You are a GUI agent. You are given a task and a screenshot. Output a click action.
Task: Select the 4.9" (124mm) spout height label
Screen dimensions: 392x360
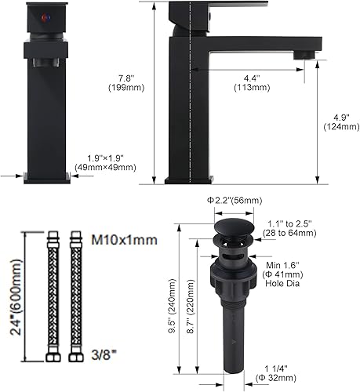pyautogui.click(x=337, y=124)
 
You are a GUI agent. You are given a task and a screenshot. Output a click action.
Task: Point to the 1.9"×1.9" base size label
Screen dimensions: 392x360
pyautogui.click(x=105, y=161)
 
